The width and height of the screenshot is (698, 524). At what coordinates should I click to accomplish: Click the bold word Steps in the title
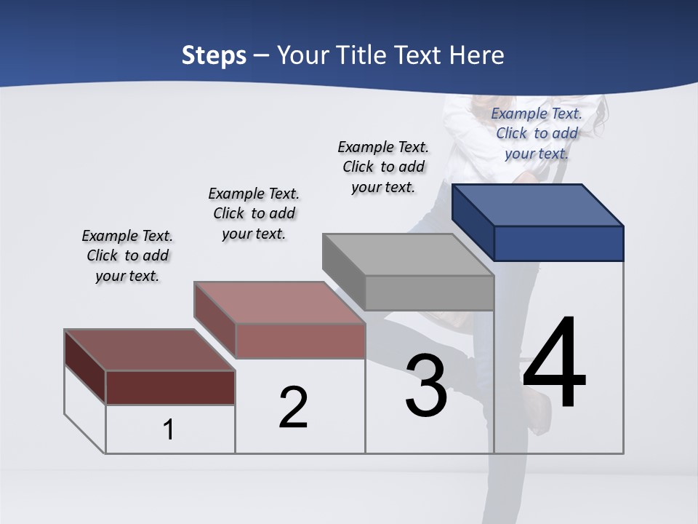pos(214,55)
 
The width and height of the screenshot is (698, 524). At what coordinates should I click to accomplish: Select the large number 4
pos(554,364)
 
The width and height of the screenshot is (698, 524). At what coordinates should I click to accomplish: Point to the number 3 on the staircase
pos(426,386)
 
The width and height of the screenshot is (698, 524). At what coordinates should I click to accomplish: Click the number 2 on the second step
pos(293,408)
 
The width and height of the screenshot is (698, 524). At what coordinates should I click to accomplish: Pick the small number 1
pos(169,429)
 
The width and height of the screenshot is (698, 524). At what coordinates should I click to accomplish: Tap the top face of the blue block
pos(538,205)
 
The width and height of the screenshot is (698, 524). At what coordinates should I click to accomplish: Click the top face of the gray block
pos(408,254)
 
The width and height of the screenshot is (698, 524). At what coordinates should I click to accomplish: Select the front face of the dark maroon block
pos(170,387)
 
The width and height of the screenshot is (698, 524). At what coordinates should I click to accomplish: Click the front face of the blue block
pos(558,243)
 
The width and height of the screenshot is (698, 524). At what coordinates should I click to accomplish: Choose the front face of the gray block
pos(429,293)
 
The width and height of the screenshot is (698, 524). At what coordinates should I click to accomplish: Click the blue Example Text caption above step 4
pos(537,133)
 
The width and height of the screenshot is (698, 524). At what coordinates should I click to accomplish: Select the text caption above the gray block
pos(383,167)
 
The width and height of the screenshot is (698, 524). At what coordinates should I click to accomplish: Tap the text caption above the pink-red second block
pos(254,213)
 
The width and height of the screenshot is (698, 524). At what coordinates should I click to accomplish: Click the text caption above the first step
pos(127,255)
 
